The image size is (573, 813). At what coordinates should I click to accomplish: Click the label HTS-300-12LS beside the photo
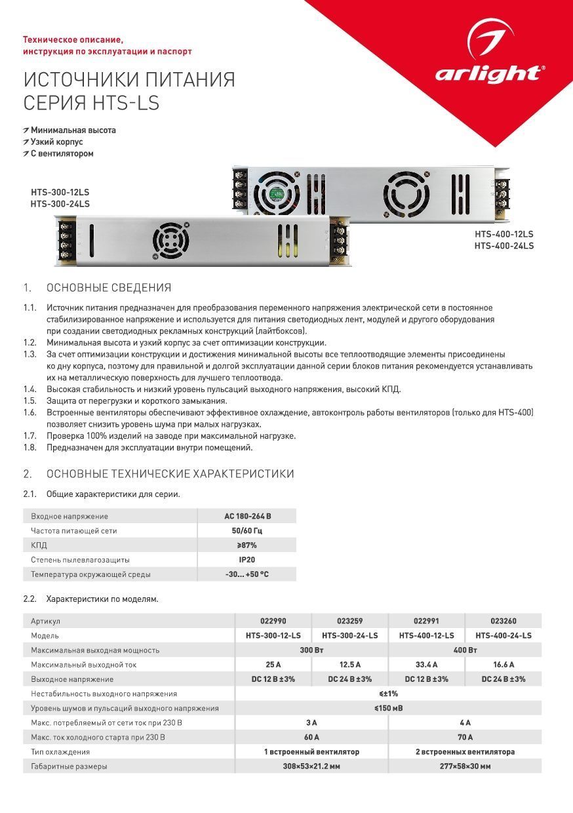tap(60, 192)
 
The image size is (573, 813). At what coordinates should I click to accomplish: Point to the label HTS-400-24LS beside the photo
tap(504, 246)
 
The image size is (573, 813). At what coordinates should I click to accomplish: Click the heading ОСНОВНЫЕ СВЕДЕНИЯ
tap(109, 288)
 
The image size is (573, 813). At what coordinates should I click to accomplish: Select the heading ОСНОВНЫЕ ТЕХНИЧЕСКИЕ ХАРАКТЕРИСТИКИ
tap(170, 474)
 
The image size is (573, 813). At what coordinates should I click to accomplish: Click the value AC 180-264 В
tap(247, 516)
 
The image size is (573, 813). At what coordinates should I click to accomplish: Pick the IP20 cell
tap(247, 560)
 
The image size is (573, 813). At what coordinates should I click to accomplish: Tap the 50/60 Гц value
tap(247, 530)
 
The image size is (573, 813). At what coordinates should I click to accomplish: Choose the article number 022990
tap(273, 621)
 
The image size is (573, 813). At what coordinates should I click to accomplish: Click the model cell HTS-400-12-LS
tap(426, 635)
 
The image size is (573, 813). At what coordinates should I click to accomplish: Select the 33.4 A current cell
tap(426, 665)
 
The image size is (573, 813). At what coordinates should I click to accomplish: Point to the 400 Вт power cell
tap(465, 650)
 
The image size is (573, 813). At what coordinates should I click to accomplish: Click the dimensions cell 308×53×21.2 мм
tap(311, 766)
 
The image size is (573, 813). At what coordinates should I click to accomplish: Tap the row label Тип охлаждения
tap(60, 752)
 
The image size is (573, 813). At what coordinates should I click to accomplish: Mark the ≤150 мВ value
tap(388, 708)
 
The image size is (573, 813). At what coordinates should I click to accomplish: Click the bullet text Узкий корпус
tap(57, 142)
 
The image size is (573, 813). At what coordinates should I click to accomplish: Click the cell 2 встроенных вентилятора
tap(465, 752)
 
